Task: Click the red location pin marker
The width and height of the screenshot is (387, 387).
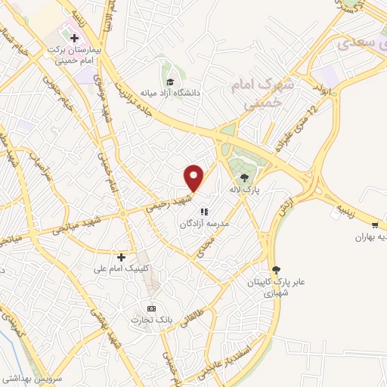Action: (194, 178)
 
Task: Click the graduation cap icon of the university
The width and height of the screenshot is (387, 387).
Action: (171, 81)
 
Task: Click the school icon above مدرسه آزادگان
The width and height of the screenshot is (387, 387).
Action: (203, 212)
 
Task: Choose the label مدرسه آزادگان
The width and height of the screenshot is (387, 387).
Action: (204, 224)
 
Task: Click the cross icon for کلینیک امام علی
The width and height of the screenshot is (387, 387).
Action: (121, 257)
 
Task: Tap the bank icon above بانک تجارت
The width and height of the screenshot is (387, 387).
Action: (151, 308)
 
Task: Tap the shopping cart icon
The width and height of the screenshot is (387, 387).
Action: (375, 224)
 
